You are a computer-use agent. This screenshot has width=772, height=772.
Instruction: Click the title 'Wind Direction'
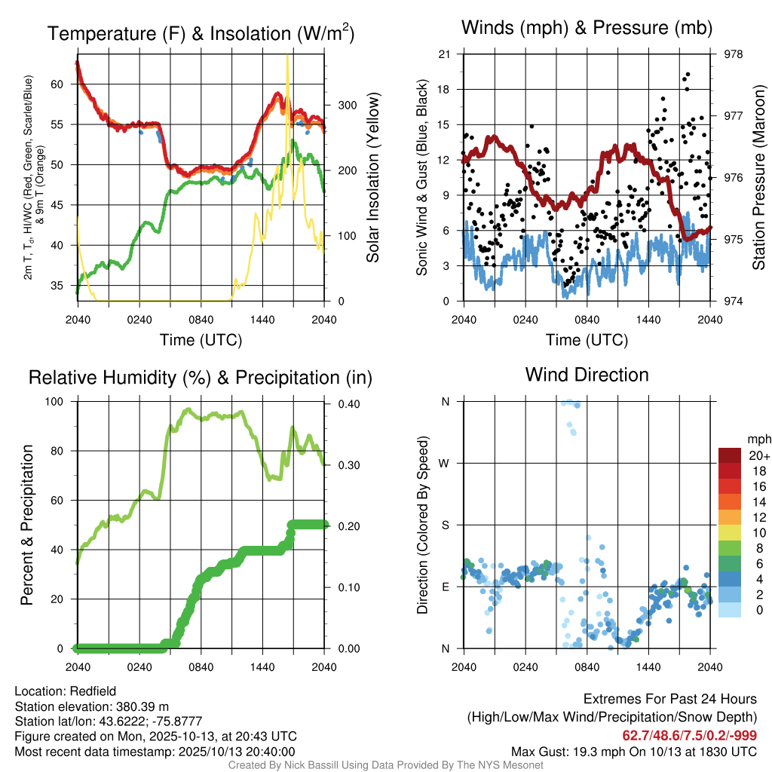point(587,375)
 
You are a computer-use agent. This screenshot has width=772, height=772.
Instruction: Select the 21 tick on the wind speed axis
point(444,54)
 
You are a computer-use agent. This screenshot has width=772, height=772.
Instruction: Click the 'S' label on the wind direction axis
point(446,525)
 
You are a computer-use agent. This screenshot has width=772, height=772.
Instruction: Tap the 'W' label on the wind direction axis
point(445,463)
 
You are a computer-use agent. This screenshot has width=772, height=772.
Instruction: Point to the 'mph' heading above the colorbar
point(757,439)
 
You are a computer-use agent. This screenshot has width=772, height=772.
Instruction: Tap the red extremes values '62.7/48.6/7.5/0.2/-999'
point(689,735)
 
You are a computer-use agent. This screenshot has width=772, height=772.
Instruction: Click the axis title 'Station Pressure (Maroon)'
point(759,178)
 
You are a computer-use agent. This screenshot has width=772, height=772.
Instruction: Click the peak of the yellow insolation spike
point(287,57)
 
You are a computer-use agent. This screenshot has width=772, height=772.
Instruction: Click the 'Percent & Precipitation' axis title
point(28,525)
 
